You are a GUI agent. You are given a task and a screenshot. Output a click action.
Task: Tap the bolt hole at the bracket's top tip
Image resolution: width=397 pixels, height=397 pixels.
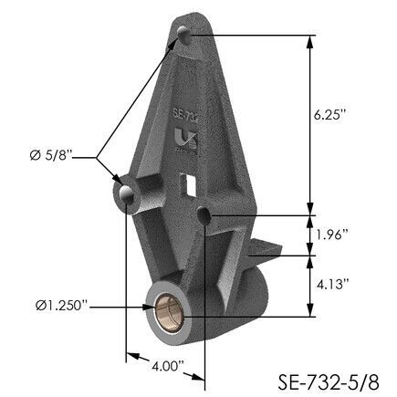(x=186, y=37)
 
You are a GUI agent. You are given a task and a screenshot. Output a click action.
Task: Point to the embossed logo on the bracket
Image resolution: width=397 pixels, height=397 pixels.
(x=181, y=142)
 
